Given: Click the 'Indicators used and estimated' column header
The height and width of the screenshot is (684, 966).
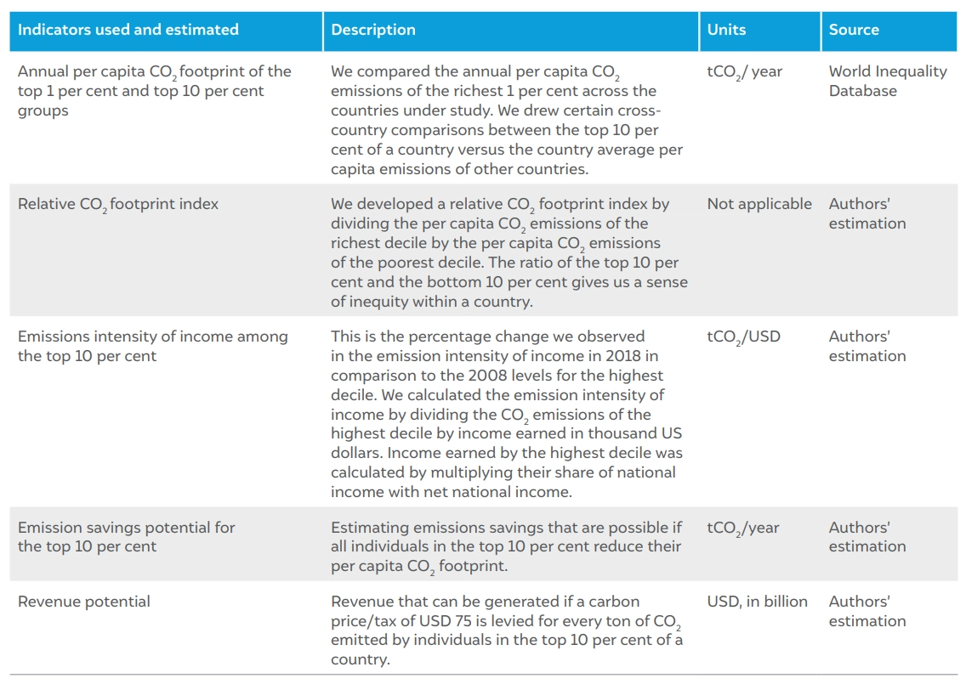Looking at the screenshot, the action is coord(128,30).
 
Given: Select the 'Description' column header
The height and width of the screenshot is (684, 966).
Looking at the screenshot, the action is coord(373,30).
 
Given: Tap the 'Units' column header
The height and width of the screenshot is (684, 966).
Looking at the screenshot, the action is coord(726,30).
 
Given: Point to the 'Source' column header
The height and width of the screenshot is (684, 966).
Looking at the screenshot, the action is coord(854,30).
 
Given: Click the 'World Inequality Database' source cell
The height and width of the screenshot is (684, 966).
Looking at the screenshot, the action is coord(888,81).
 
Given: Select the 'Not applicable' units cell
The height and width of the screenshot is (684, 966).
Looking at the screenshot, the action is coord(759,204).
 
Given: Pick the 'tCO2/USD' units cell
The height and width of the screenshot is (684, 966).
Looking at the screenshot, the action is coord(743,337).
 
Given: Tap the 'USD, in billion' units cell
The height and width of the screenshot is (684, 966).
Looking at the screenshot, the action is coord(757,602).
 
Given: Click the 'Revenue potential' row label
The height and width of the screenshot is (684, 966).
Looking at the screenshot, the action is coord(84,602).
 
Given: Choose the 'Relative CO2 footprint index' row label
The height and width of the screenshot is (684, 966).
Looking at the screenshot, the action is coord(118,205).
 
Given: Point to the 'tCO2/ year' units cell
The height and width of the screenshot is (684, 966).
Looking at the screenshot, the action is coord(745,72).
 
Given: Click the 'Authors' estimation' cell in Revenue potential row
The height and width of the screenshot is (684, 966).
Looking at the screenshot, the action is coord(867,611).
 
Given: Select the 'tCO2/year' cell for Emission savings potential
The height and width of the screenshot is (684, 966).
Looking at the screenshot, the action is coord(743,529).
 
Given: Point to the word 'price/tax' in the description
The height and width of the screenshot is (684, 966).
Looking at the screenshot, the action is coord(362,621).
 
